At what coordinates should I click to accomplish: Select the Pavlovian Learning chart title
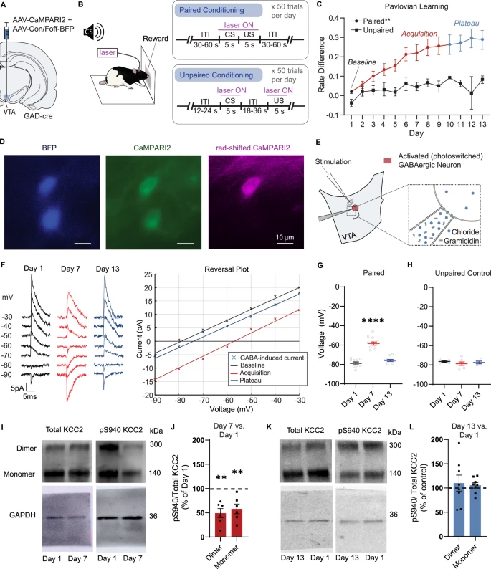pos(415,6)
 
